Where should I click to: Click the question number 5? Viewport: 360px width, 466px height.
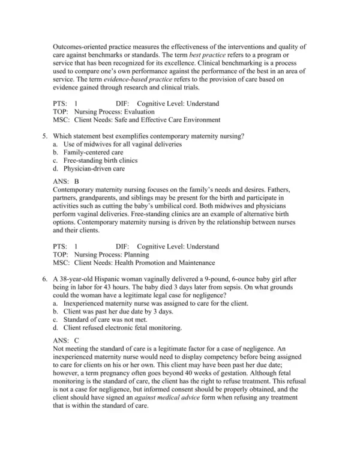coord(46,136)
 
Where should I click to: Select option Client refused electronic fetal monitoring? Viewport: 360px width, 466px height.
coord(122,327)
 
